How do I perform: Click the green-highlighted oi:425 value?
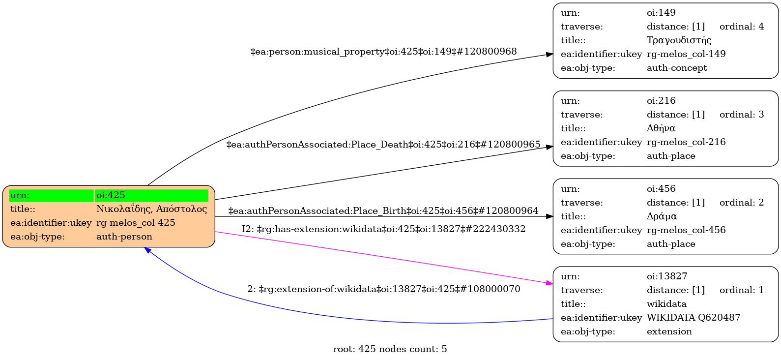tap(111, 195)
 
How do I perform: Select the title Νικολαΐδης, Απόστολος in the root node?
tap(151, 209)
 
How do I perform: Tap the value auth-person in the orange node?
tap(124, 237)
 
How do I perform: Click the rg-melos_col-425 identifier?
tap(136, 223)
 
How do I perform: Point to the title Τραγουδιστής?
tap(679, 40)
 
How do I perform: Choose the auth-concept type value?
tap(677, 68)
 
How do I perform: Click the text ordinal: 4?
tap(742, 27)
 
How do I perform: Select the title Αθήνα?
tap(661, 128)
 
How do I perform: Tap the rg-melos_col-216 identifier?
tap(686, 142)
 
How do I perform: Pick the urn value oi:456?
tap(661, 189)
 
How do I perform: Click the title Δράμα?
tap(662, 216)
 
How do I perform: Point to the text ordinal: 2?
tap(742, 203)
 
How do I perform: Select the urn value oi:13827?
tap(667, 276)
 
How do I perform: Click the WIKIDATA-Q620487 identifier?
tap(694, 318)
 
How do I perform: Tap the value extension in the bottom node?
tap(669, 331)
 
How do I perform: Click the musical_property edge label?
tap(383, 52)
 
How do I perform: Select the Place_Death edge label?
tap(383, 145)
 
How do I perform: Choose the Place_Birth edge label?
tap(383, 211)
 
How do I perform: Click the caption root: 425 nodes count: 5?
tap(390, 349)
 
